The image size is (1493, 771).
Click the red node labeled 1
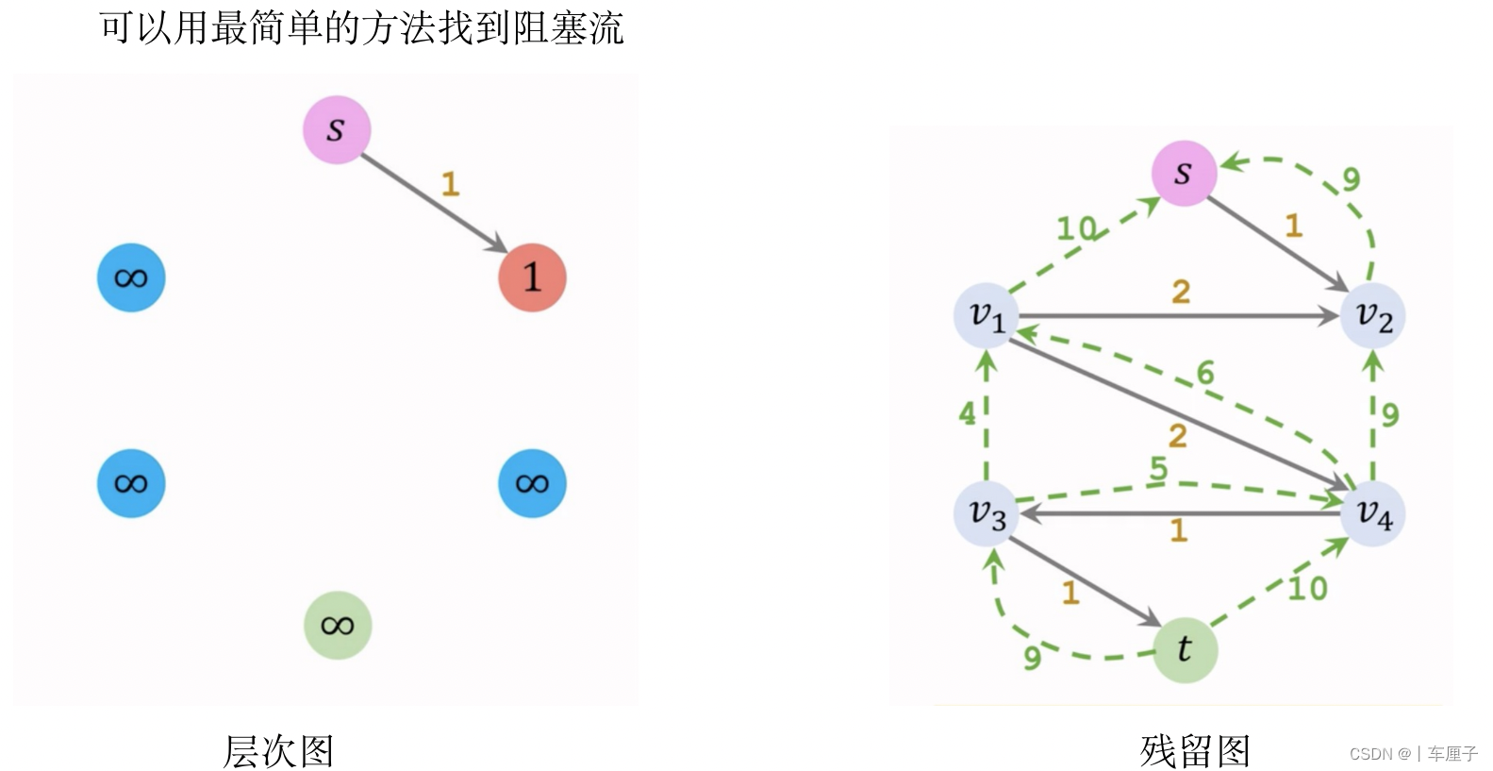point(532,277)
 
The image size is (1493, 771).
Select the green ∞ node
point(337,625)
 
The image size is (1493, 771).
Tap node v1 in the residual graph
point(987,316)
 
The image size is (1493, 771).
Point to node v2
point(1373,316)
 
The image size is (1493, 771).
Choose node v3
point(987,513)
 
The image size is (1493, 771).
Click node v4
point(1373,513)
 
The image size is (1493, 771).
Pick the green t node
point(1185,649)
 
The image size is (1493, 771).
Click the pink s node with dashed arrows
point(1184,173)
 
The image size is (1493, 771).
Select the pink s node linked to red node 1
point(336,129)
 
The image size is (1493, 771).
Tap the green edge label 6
point(1205,373)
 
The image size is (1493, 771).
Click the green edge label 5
point(1159,468)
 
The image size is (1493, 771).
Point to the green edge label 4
point(968,413)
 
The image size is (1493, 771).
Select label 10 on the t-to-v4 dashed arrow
point(1308,589)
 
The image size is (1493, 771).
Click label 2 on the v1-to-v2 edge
point(1181,292)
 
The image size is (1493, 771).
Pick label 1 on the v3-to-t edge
point(1070,593)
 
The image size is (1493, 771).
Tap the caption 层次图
point(278,751)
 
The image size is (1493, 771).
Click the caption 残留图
point(1195,751)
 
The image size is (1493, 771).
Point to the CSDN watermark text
point(1413,754)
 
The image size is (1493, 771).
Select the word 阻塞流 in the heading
point(568,27)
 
